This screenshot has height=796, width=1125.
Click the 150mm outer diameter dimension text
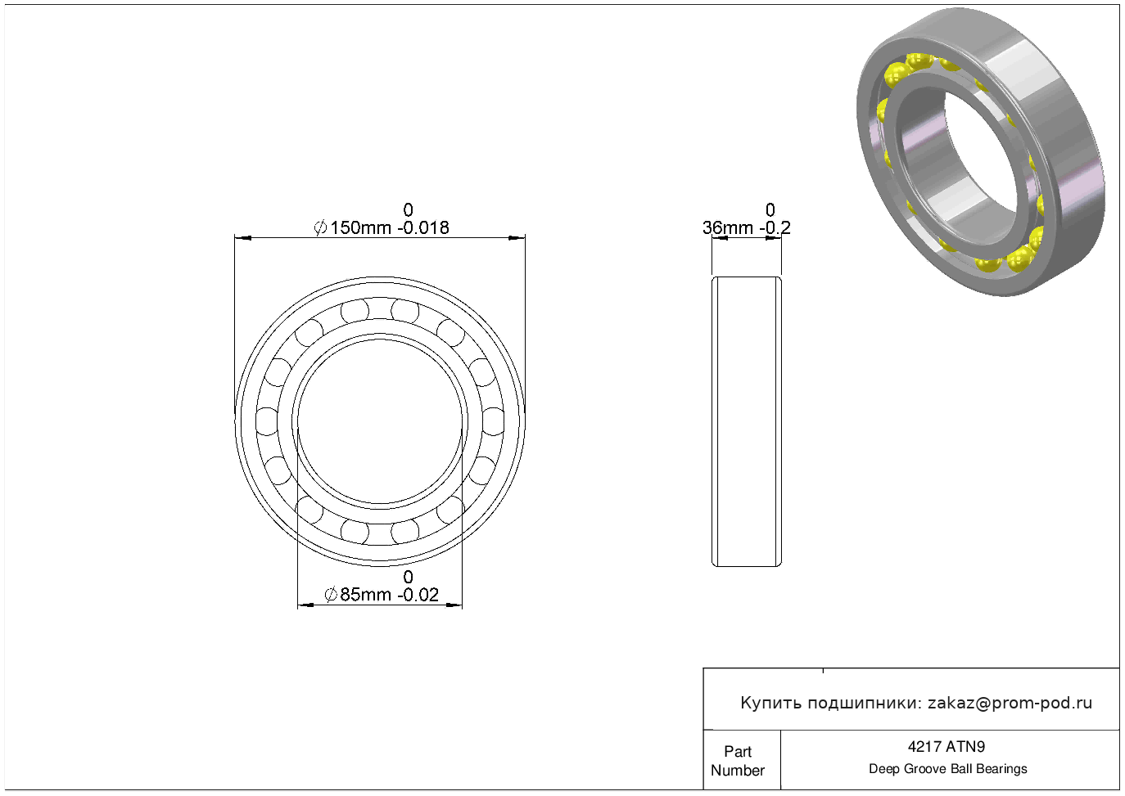[360, 228]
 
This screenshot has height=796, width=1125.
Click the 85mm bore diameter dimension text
[365, 595]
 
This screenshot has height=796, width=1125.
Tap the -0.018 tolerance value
[423, 228]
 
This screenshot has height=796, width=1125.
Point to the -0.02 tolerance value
[418, 595]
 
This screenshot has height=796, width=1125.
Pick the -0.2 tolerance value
[775, 228]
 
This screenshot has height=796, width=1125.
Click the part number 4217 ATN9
[947, 747]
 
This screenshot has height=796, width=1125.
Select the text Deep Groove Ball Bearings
[947, 769]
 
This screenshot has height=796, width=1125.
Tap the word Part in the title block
[737, 751]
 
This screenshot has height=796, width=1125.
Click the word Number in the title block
[737, 770]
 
